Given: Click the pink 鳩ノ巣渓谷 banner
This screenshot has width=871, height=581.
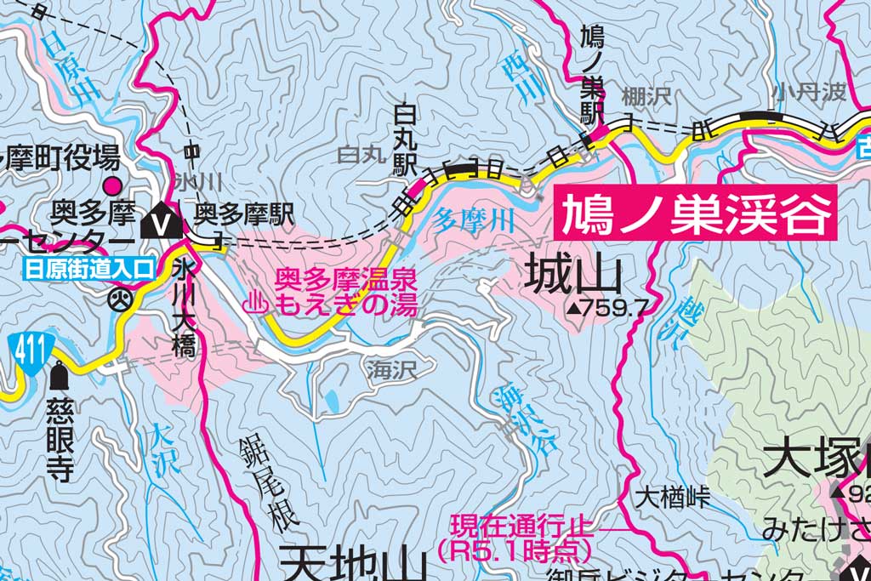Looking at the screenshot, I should tap(695, 214).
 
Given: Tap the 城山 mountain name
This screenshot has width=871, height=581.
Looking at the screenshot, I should tap(573, 275).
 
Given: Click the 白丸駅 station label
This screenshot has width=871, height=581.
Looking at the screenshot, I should tap(402, 140).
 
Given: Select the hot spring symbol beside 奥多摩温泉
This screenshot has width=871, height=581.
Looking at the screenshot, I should tap(254, 303).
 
